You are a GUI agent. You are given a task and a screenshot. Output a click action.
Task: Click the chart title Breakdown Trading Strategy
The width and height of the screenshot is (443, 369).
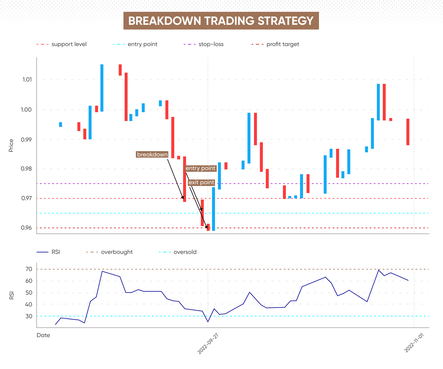pyautogui.click(x=221, y=21)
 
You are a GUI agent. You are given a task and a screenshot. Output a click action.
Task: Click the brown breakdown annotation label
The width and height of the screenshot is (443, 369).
pyautogui.click(x=152, y=154)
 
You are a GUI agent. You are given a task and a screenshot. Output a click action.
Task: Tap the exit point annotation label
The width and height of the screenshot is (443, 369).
pyautogui.click(x=201, y=182)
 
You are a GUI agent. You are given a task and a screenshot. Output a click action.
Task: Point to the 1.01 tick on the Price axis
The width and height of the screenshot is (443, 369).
pyautogui.click(x=27, y=79)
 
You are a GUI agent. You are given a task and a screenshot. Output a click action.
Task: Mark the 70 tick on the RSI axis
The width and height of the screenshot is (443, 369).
pyautogui.click(x=29, y=269)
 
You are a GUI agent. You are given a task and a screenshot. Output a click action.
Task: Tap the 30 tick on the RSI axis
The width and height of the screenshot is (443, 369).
pyautogui.click(x=29, y=316)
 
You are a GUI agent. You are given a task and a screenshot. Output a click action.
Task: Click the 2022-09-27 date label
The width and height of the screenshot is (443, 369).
pyautogui.click(x=208, y=344)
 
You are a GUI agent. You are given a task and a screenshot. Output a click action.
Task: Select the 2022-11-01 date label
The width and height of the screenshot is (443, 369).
pyautogui.click(x=414, y=343)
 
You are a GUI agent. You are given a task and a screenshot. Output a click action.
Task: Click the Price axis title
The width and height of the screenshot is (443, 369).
pyautogui.click(x=11, y=146)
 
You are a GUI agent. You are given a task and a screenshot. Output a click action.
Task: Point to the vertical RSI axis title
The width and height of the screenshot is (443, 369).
pyautogui.click(x=12, y=295)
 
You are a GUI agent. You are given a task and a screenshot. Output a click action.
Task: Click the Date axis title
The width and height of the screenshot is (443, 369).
pyautogui.click(x=43, y=335)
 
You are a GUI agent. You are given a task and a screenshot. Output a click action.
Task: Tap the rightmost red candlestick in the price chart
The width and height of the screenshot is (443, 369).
pyautogui.click(x=408, y=132)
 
